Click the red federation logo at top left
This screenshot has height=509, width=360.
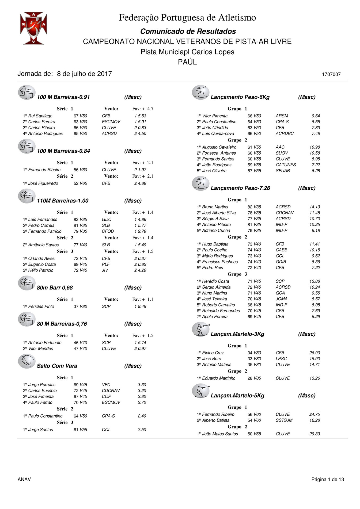tap(33, 28)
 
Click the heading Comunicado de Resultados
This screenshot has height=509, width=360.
tap(188, 31)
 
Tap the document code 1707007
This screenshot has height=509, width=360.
tap(331, 74)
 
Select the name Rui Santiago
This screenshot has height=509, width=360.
tap(40, 116)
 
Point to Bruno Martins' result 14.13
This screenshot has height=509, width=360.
tap(314, 207)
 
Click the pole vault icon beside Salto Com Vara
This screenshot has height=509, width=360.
tap(26, 361)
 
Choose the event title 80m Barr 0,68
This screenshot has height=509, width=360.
tap(55, 288)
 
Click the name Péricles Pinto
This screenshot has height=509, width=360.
tap(41, 306)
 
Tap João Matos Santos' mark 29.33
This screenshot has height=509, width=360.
tap(314, 434)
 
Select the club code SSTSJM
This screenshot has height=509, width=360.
tap(284, 420)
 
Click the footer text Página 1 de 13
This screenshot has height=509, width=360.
tap(327, 479)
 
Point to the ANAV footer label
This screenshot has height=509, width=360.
tap(24, 479)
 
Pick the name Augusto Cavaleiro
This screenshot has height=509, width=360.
tap(219, 147)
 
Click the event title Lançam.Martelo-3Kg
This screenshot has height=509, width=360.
tap(237, 334)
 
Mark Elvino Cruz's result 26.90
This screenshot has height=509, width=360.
tap(314, 353)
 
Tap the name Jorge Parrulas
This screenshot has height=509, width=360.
tap(42, 385)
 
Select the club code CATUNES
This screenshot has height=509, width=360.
tap(286, 165)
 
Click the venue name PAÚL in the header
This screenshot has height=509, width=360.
tap(187, 62)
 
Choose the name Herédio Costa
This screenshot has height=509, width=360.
tap(215, 281)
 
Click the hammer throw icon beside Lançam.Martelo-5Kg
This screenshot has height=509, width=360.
tap(200, 391)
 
